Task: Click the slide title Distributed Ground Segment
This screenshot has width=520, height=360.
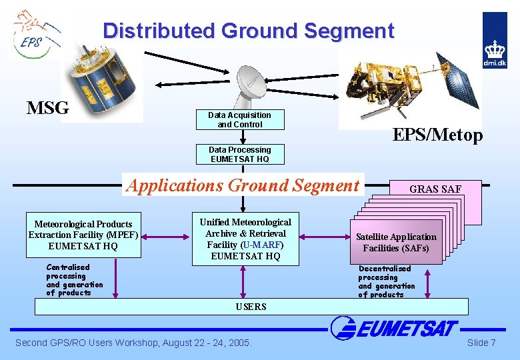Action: [248, 31]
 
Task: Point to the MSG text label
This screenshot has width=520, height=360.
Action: [48, 108]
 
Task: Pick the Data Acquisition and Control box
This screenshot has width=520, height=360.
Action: [240, 120]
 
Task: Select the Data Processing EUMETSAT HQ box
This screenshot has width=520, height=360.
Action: [240, 155]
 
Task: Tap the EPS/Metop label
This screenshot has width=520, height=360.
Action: [437, 135]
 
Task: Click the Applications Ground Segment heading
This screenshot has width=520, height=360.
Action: [243, 185]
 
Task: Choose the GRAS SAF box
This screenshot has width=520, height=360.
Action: [435, 189]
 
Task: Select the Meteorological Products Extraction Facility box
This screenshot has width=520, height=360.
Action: [83, 235]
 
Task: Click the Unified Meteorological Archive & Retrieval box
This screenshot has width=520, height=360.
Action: [245, 239]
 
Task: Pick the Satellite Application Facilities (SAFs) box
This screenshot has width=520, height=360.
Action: [396, 242]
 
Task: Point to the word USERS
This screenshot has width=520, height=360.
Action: [251, 307]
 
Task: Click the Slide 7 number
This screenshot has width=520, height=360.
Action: [481, 343]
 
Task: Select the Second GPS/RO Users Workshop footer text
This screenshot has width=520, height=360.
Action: [133, 343]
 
